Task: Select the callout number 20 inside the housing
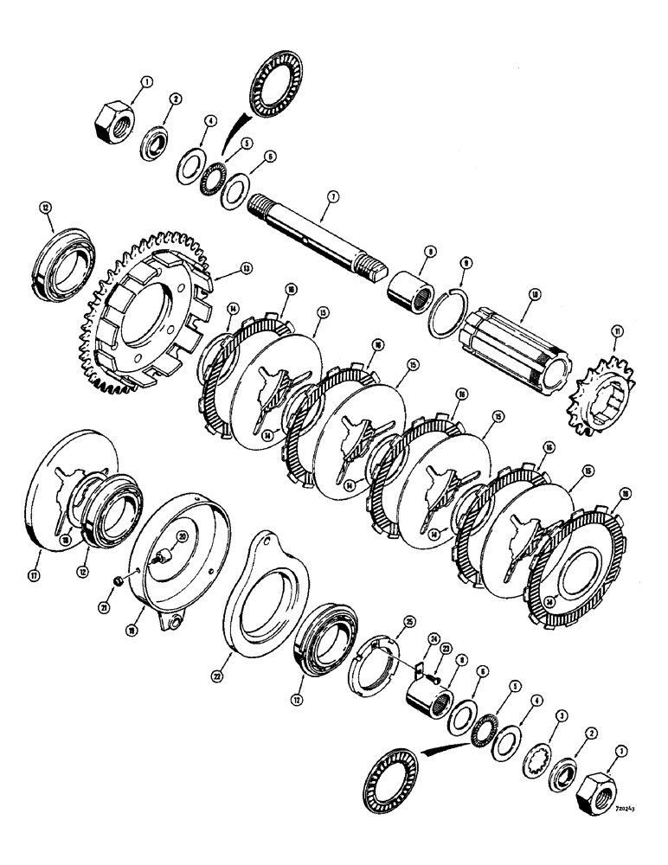click(182, 536)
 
